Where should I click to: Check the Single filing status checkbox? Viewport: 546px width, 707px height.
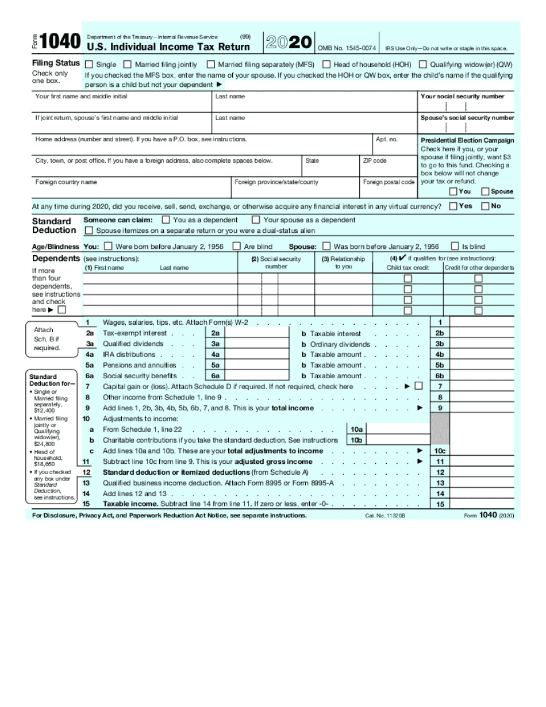[x=89, y=64]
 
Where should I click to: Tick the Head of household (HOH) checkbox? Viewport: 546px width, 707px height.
[x=326, y=64]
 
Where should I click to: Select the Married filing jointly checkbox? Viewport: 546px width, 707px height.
[x=126, y=64]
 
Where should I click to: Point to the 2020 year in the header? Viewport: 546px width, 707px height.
[x=289, y=43]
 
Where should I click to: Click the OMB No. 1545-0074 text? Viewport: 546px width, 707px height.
[x=347, y=48]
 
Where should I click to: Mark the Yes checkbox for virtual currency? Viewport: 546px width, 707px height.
[x=453, y=206]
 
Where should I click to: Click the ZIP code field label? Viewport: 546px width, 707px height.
[x=375, y=161]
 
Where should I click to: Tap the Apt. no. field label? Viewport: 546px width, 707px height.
[x=386, y=140]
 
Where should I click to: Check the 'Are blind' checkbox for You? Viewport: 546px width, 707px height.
[x=236, y=247]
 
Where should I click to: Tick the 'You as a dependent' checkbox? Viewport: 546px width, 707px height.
[x=166, y=220]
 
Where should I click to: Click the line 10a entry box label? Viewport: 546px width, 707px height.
[x=356, y=429]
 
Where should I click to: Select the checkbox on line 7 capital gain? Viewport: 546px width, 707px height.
[x=418, y=386]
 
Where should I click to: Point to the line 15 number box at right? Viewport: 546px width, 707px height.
[x=440, y=504]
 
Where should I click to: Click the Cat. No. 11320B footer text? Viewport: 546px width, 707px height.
[x=384, y=516]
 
